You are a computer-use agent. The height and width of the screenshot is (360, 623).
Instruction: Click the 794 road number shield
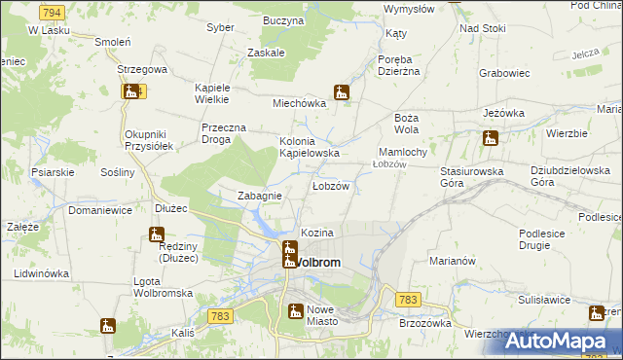click(x=53, y=12)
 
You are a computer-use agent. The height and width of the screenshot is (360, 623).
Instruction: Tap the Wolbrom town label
click(x=316, y=263)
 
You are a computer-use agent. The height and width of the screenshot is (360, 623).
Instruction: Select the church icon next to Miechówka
click(x=341, y=93)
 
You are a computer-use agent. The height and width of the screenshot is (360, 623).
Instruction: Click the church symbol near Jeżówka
click(x=490, y=138)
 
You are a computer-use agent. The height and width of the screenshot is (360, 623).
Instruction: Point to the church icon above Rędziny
click(x=156, y=234)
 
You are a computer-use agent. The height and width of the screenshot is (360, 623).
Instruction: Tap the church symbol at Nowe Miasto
click(x=295, y=311)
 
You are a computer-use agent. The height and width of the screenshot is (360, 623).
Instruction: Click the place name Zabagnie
click(x=260, y=196)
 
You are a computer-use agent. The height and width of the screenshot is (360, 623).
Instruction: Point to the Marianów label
click(x=452, y=261)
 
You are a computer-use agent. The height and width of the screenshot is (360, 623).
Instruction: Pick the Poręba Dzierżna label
click(x=398, y=63)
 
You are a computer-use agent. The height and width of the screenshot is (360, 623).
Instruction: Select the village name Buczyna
click(x=283, y=19)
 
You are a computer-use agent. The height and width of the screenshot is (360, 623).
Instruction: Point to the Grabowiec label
click(x=504, y=72)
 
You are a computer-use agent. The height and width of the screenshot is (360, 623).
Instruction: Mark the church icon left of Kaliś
click(x=107, y=325)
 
